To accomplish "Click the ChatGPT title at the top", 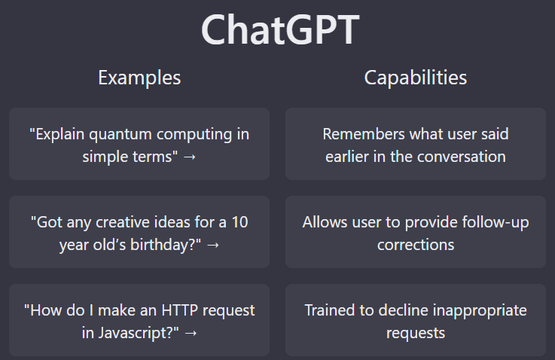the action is pyautogui.click(x=280, y=29).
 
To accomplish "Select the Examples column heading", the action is pyautogui.click(x=139, y=78).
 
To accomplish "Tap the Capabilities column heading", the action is pyautogui.click(x=416, y=78).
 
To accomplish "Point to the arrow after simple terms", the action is pyautogui.click(x=190, y=157).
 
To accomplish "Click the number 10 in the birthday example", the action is pyautogui.click(x=239, y=222).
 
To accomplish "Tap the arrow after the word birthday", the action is pyautogui.click(x=212, y=245).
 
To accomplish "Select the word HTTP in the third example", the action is pyautogui.click(x=180, y=310).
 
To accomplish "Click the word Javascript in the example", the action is pyautogui.click(x=135, y=334).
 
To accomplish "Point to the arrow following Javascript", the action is pyautogui.click(x=191, y=333).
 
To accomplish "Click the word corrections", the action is pyautogui.click(x=416, y=245).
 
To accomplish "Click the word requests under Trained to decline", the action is pyautogui.click(x=416, y=334).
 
